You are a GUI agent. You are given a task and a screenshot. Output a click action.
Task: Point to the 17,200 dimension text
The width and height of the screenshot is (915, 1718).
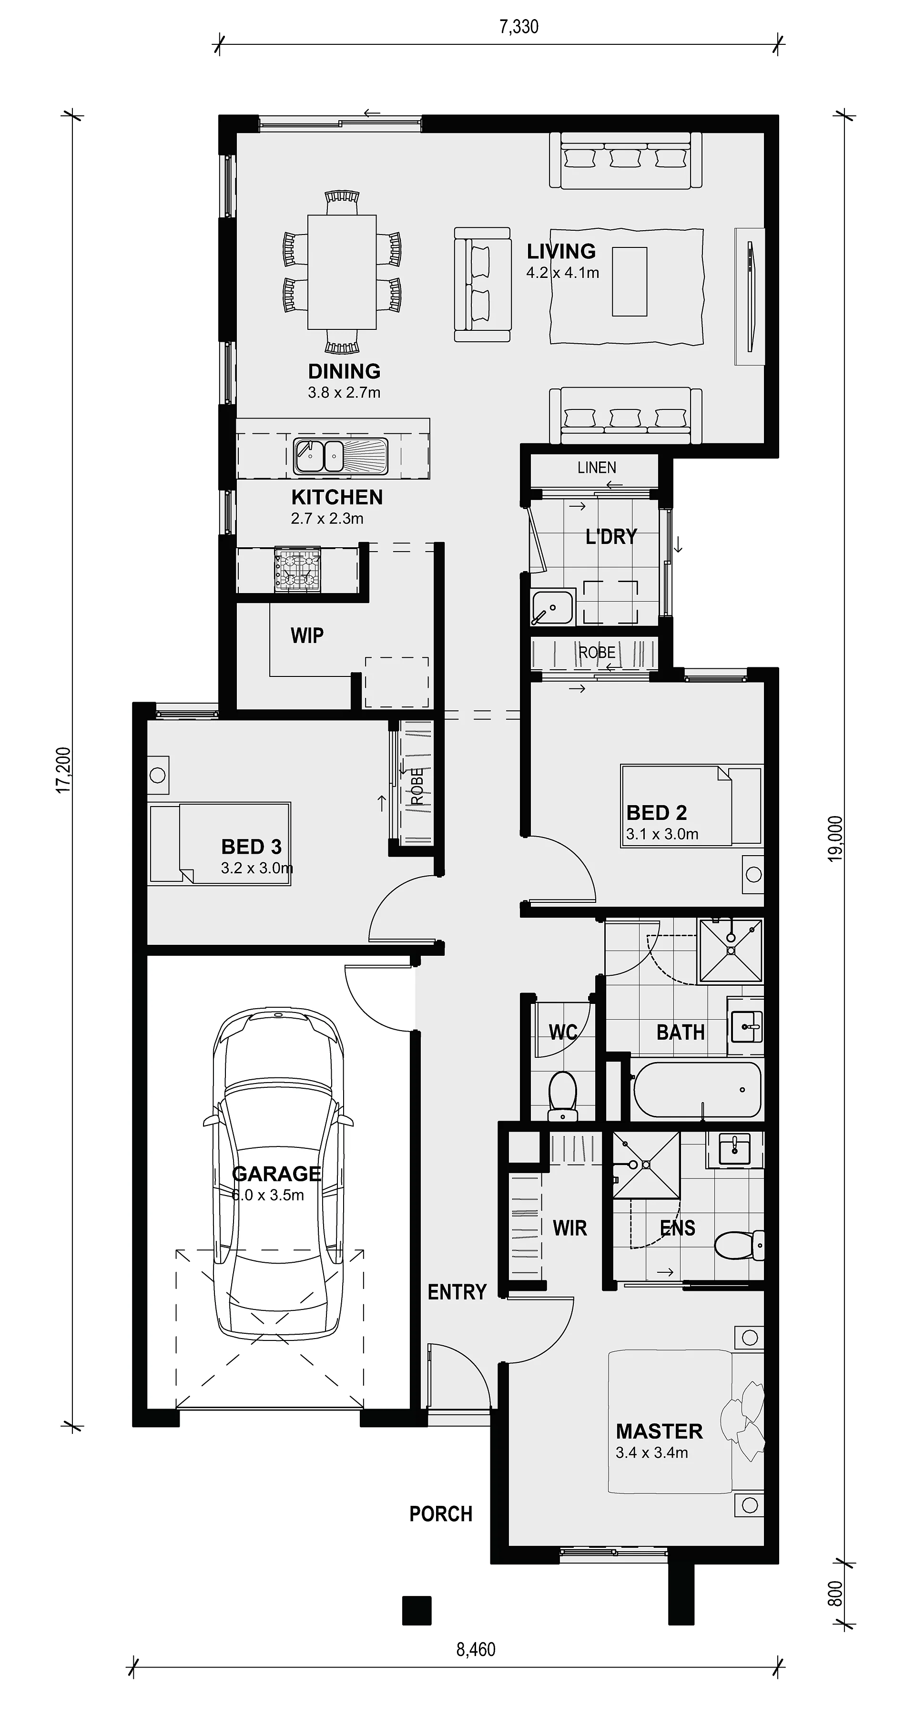[63, 770]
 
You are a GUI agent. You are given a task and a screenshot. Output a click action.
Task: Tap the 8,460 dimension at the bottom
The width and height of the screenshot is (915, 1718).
[476, 1649]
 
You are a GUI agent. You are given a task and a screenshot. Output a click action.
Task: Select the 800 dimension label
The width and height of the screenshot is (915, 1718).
[835, 1594]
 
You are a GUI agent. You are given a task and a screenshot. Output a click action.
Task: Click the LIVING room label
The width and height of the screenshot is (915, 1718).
[561, 251]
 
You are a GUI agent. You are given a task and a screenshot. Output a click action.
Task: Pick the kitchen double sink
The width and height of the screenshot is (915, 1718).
[340, 456]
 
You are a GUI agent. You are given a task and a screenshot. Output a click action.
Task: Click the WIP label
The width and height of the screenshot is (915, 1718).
[307, 635]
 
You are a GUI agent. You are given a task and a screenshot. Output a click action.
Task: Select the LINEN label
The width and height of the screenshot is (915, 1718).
[597, 468]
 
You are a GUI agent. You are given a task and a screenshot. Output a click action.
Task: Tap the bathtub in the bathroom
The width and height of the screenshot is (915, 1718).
[696, 1090]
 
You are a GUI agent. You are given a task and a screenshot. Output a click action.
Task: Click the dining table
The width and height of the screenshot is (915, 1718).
[342, 272]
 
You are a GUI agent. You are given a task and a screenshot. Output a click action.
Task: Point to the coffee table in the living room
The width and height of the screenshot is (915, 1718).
[630, 281]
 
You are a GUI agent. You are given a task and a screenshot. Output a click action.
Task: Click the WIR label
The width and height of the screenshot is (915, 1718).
[569, 1228]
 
